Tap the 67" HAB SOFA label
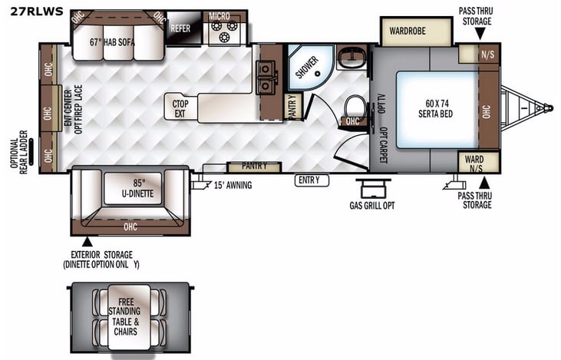click(112, 42)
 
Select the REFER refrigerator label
click(181, 28)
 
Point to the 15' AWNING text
click(233, 184)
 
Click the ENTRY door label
click(312, 180)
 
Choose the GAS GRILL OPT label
click(372, 204)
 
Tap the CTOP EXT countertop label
click(180, 108)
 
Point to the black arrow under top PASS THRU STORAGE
click(475, 35)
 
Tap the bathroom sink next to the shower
click(353, 54)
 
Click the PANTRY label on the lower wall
click(254, 166)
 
